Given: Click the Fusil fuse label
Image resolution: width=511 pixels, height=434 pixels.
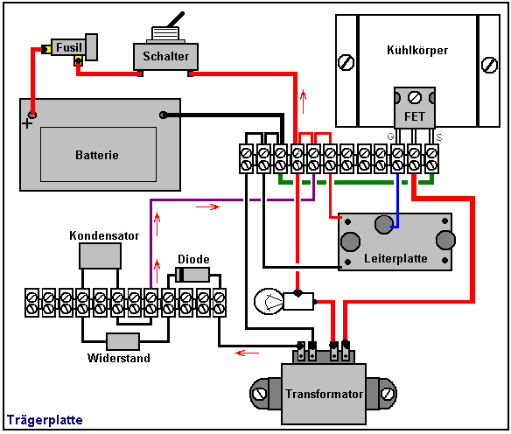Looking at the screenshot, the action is [69, 47].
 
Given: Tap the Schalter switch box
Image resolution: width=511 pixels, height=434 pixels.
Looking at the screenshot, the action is [165, 56].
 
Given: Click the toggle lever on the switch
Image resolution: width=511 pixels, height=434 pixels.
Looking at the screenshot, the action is [176, 19].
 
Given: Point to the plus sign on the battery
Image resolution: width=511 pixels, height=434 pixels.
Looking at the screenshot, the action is [27, 123].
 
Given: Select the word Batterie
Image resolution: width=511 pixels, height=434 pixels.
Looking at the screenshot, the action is [97, 155].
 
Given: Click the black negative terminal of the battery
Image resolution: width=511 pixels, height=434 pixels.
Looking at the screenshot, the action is [163, 115].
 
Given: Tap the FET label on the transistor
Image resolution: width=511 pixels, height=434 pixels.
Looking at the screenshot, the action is [414, 116].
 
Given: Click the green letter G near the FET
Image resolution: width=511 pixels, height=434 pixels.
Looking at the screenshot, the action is [390, 136].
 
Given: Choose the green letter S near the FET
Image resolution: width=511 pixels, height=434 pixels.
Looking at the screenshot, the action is [439, 137].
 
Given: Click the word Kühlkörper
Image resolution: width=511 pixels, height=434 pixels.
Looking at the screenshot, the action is [417, 50].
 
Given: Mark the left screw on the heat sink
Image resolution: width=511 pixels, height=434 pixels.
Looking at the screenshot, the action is [346, 62].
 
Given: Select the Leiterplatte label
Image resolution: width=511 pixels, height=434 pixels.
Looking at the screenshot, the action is [395, 258].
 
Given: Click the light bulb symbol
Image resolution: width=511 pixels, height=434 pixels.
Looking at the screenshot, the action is [269, 301].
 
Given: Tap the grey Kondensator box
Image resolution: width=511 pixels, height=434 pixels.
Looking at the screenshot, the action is [100, 255].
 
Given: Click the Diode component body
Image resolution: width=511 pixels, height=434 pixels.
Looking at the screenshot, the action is [192, 275].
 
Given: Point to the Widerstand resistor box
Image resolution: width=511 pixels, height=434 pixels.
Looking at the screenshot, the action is [122, 341].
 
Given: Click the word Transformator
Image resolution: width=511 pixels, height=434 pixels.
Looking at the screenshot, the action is [325, 394].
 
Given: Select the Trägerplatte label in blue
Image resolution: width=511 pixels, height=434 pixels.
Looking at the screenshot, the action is [45, 420].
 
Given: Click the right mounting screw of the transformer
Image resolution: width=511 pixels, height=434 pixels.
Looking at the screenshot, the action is [388, 394].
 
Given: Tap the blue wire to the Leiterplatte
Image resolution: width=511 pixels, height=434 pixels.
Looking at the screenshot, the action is [397, 202].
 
